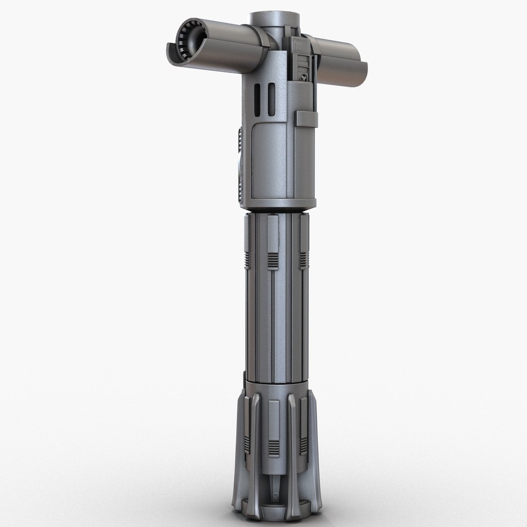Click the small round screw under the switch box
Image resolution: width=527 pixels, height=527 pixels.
(303, 76)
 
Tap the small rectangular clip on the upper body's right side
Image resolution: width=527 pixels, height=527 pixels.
(306, 119)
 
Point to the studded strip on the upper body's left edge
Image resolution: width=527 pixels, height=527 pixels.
(239, 161)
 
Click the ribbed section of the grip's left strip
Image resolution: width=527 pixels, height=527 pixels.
(247, 259)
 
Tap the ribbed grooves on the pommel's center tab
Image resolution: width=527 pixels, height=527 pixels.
(274, 448)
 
